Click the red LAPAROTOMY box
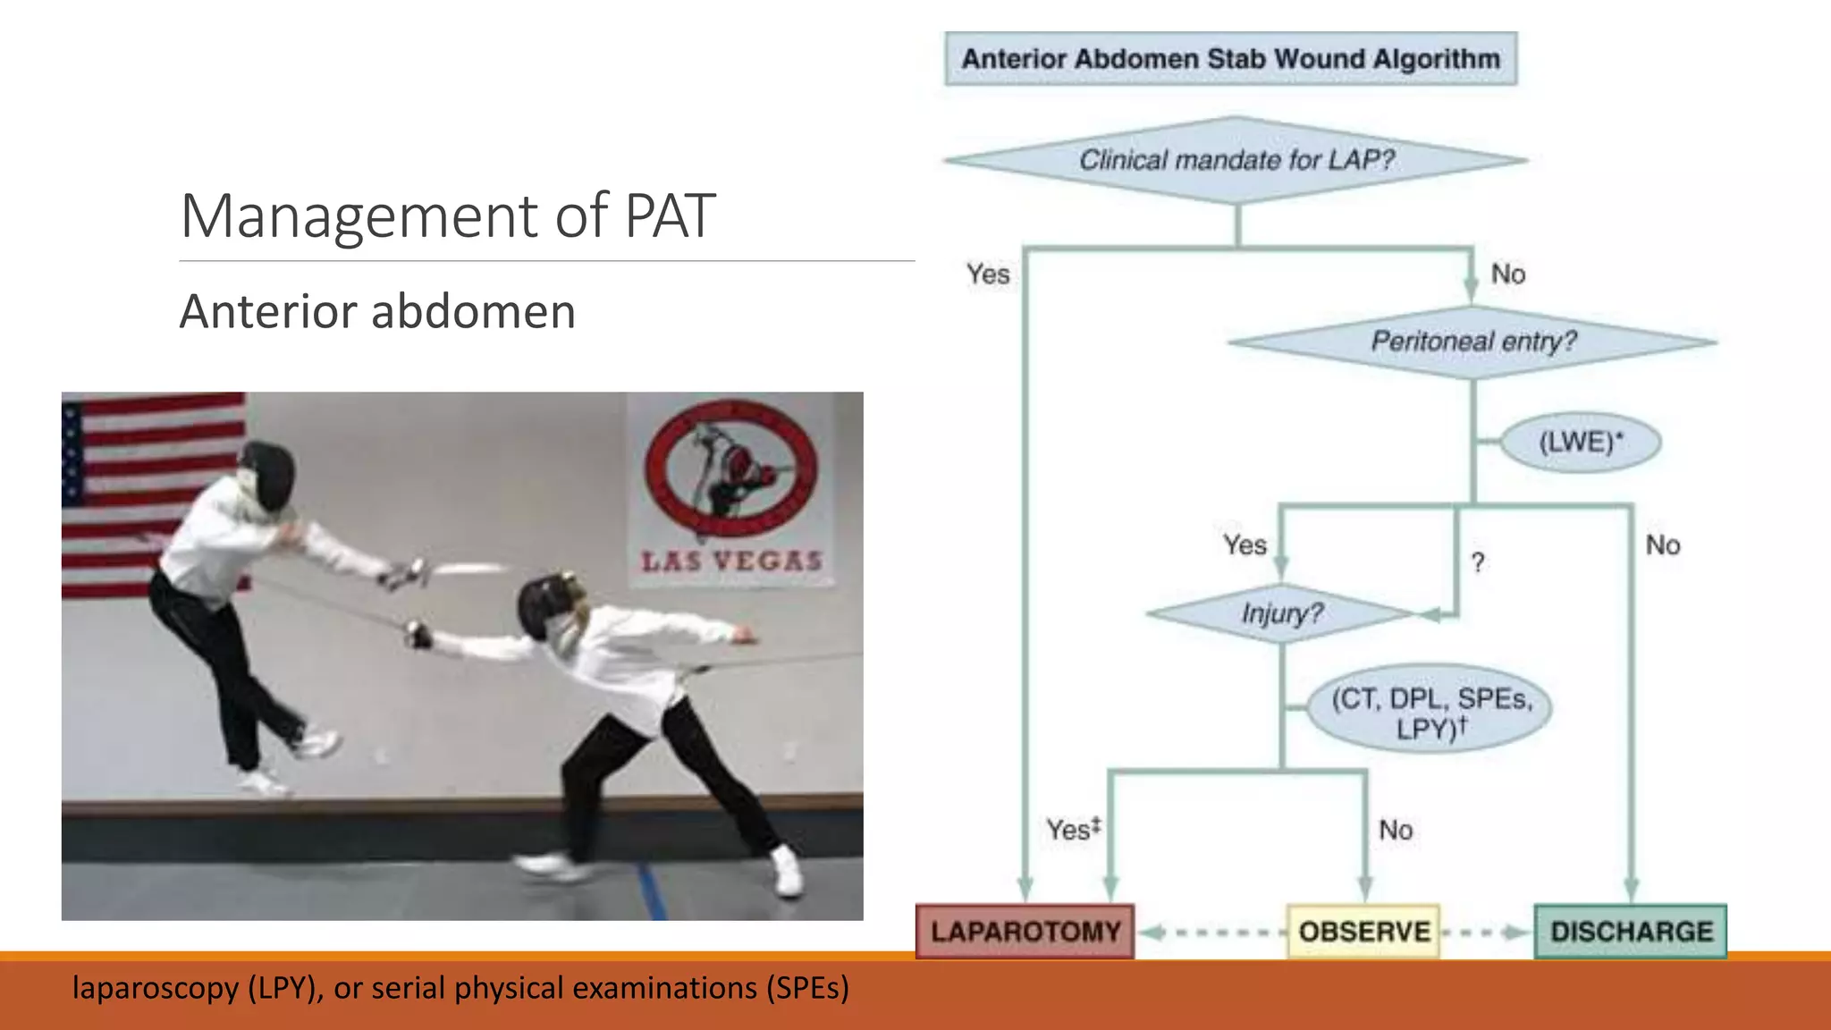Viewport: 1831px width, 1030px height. (x=1025, y=931)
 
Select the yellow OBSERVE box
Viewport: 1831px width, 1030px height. (x=1363, y=931)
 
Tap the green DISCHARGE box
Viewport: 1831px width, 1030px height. (x=1631, y=931)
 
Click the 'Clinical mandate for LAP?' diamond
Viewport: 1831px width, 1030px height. (x=1236, y=160)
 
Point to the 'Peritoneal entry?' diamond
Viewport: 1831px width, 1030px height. (x=1472, y=342)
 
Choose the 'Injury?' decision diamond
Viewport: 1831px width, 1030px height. (x=1281, y=613)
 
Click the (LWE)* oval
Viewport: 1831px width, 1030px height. (x=1580, y=443)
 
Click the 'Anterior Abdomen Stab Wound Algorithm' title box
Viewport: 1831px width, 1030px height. (x=1230, y=59)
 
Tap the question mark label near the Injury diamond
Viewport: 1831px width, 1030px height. (x=1478, y=562)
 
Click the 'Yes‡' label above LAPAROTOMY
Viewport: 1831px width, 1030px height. (x=1073, y=829)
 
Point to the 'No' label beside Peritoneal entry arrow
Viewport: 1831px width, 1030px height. (x=1508, y=274)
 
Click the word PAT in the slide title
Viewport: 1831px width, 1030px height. (x=670, y=215)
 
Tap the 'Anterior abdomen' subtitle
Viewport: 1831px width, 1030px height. (x=377, y=311)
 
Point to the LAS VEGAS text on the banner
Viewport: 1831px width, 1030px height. (x=731, y=561)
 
